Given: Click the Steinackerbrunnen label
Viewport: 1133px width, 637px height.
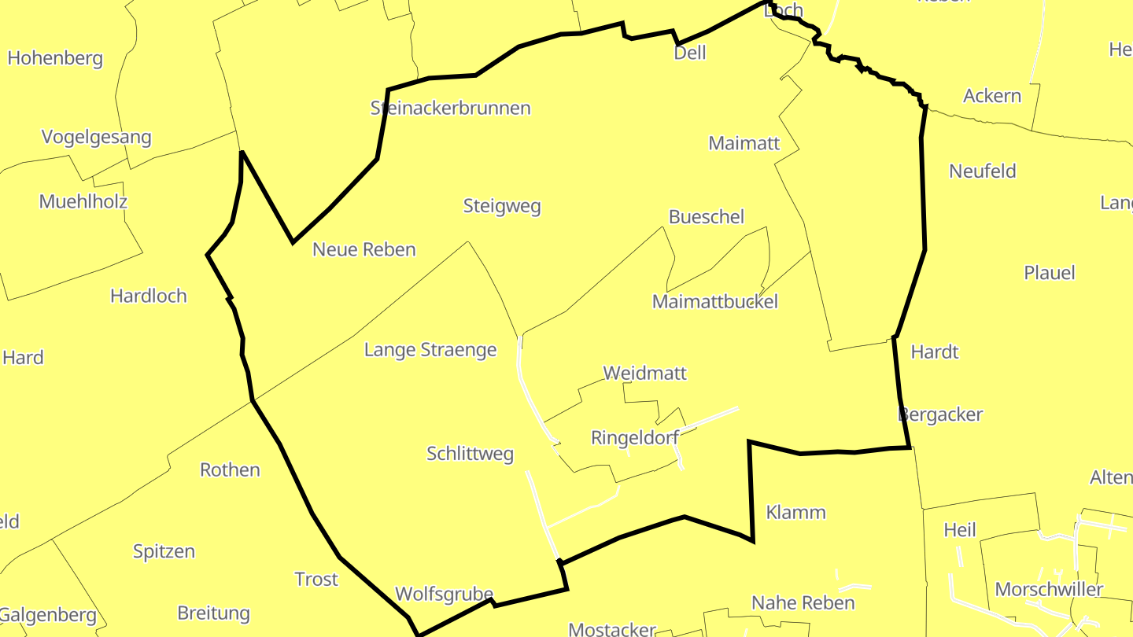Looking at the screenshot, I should tap(450, 109).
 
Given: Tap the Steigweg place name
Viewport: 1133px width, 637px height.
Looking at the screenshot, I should tap(502, 207).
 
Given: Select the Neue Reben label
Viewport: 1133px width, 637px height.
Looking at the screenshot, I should tap(364, 250).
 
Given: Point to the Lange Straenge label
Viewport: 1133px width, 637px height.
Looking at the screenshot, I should tap(430, 350).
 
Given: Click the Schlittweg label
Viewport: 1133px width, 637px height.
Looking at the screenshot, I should tap(470, 454).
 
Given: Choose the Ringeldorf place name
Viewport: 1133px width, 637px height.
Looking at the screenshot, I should tap(635, 438).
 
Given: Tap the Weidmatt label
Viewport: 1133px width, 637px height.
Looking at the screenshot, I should tap(644, 373).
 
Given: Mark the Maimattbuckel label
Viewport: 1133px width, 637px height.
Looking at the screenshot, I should tap(715, 301).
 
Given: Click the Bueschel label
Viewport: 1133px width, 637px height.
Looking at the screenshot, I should tap(706, 217).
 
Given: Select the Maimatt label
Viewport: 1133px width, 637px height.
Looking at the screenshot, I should tap(744, 143).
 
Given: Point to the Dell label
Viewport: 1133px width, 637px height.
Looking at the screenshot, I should tap(690, 53).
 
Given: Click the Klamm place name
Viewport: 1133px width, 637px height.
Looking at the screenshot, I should tap(795, 513).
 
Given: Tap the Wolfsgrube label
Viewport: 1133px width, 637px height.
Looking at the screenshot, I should tap(444, 595).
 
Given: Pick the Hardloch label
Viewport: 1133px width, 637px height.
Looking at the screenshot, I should tap(149, 296).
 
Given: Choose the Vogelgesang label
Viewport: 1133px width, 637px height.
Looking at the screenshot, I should tap(96, 138).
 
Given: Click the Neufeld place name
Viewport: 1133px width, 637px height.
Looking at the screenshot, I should tap(983, 171).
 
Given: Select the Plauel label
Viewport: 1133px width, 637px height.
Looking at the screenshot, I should tap(1049, 273).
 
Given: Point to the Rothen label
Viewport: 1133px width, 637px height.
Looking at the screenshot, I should tap(230, 470).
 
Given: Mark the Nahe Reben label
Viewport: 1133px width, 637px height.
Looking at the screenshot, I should tap(803, 603).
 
